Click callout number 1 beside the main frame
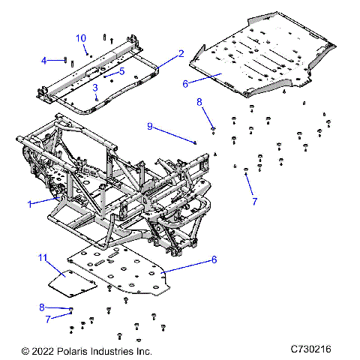[x=30, y=203]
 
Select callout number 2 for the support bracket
[x=181, y=53]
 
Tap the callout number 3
[x=95, y=88]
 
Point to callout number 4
[x=43, y=61]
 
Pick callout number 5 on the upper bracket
[x=121, y=71]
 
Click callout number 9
[x=149, y=127]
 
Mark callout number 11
[x=43, y=258]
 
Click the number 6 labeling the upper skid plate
[x=185, y=85]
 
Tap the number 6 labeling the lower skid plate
[x=214, y=259]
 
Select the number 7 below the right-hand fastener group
[x=254, y=202]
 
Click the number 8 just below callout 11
[x=42, y=307]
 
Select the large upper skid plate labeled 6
[x=262, y=64]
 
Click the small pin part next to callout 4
[x=67, y=60]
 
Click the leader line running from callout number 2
[x=169, y=61]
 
